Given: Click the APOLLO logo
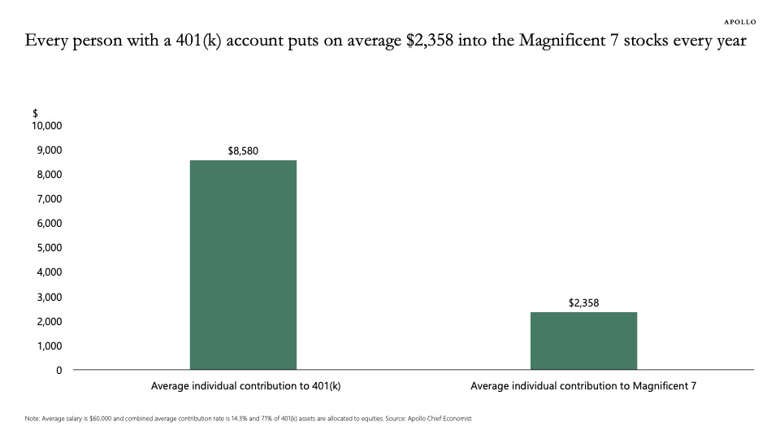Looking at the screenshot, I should coord(739,21).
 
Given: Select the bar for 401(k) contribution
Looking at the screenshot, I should coord(243,265).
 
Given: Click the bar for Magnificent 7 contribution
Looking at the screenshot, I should coord(583,341).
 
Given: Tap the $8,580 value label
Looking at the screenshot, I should coord(243,150).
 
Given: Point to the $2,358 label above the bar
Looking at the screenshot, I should coord(583,302).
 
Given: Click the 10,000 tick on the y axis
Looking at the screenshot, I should coord(47,126).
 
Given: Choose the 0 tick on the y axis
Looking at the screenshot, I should coord(58,370).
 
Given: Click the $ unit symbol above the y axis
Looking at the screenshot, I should coord(35,113).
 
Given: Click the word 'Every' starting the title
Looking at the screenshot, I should coord(45,40).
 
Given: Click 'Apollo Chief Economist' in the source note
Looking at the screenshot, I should coord(439,419).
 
